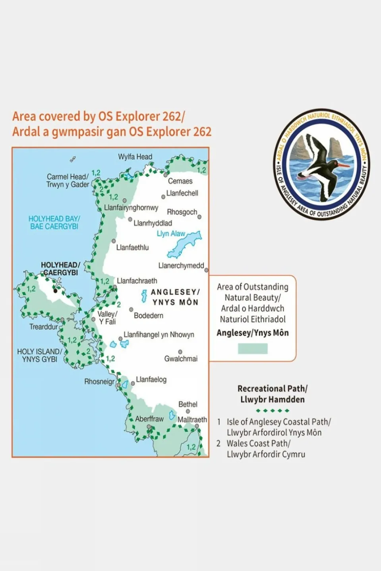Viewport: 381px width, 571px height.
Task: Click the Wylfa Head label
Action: coord(135,157)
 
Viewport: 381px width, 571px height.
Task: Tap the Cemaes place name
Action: coord(180,181)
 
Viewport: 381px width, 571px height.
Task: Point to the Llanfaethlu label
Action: coord(132,248)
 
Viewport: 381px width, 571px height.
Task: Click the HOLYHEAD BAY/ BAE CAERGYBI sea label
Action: coord(54,223)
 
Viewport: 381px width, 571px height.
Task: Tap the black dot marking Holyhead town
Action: coord(56,291)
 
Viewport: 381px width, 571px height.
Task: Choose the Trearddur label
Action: coord(44,327)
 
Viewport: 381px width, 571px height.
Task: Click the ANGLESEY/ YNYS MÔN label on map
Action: coord(175,297)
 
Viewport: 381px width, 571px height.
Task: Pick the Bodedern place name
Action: coord(149,316)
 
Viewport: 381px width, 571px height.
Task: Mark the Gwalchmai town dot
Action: coord(180,352)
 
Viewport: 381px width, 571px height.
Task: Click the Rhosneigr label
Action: coord(99,382)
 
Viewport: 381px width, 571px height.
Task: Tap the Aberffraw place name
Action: coord(149,419)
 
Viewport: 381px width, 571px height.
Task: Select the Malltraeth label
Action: coord(192,420)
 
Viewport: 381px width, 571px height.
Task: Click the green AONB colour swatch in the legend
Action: coord(253,349)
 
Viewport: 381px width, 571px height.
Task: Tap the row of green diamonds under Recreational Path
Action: coord(273,411)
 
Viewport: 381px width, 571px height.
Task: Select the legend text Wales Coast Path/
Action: coord(258,444)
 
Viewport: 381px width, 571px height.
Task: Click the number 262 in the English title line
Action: coord(172,117)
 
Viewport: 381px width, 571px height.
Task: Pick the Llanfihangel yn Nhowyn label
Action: coord(159,335)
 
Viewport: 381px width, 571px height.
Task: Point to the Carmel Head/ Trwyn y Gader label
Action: coord(68,181)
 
